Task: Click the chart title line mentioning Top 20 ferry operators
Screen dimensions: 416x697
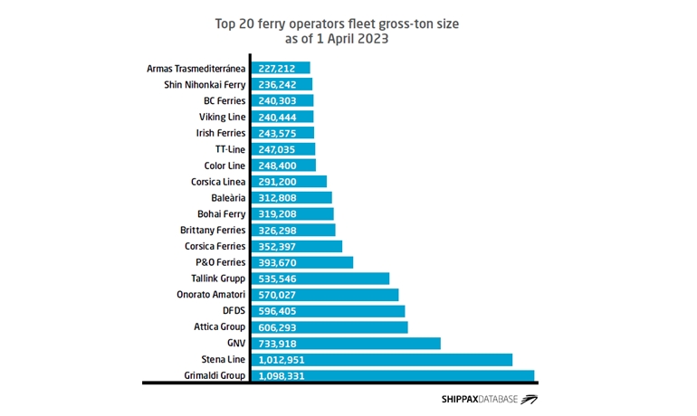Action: pyautogui.click(x=348, y=24)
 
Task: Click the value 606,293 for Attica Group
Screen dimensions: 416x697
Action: pyautogui.click(x=281, y=326)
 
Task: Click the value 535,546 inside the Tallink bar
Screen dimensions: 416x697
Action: pyautogui.click(x=281, y=278)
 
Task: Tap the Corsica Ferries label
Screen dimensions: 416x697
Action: pyautogui.click(x=215, y=245)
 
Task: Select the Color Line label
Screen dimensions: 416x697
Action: pyautogui.click(x=224, y=165)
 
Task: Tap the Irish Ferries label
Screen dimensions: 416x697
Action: pyautogui.click(x=221, y=133)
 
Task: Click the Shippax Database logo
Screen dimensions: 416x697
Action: pyautogui.click(x=488, y=399)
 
